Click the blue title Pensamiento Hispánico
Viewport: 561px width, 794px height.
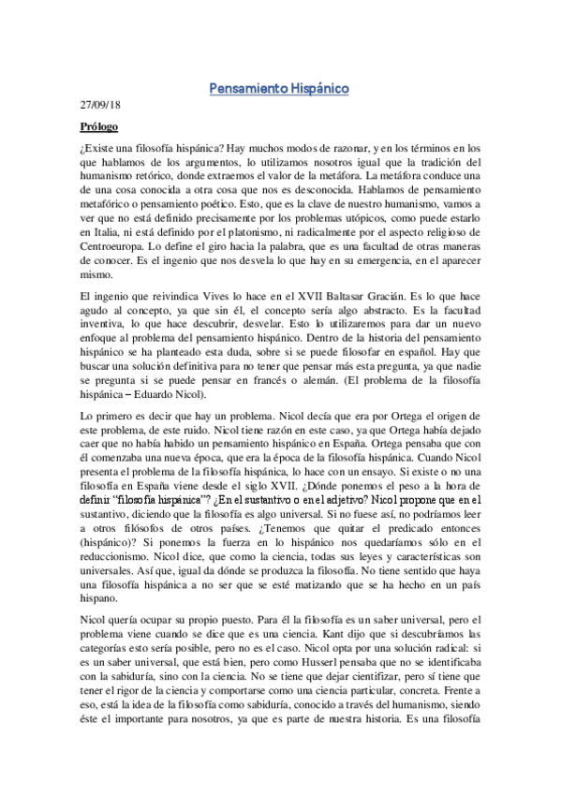point(279,89)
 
